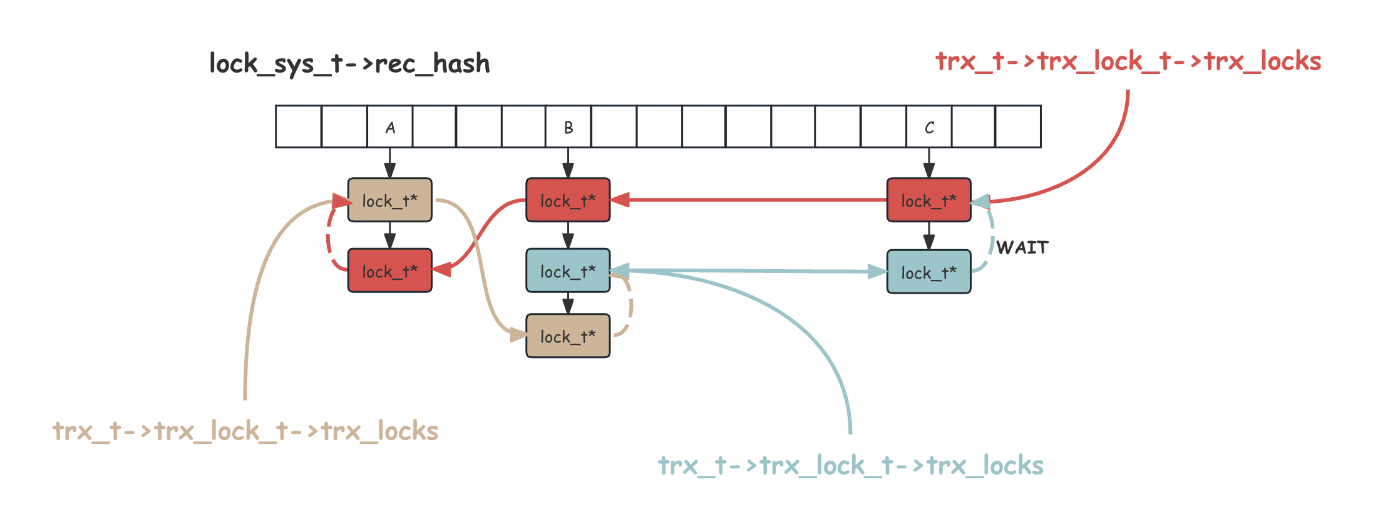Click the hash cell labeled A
pos(389,127)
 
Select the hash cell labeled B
pos(568,127)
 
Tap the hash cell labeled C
pos(929,127)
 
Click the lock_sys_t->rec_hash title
pos(349,64)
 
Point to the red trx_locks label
pos(1128,61)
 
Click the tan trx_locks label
pos(245,431)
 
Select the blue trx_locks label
pos(851,466)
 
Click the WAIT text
pos(1022,248)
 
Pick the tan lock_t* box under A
pos(389,200)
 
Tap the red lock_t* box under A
pos(389,271)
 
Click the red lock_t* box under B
pos(568,200)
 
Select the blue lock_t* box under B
pos(568,271)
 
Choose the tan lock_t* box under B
pos(568,336)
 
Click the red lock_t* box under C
pos(929,200)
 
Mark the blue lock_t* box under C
pos(929,272)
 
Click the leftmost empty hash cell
pos(299,127)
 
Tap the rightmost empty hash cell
pos(1018,127)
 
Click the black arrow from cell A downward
pos(389,163)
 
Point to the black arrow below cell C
pos(929,163)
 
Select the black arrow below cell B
pos(568,163)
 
